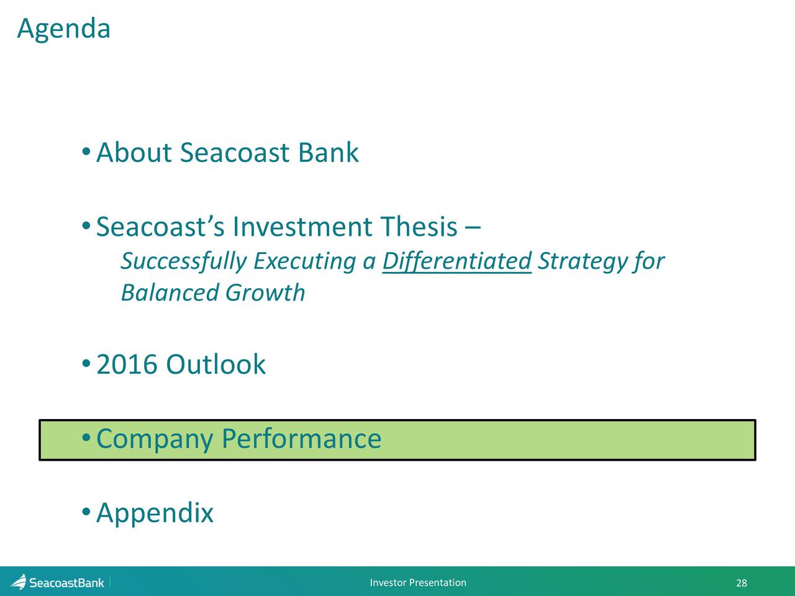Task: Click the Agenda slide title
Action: coord(64,30)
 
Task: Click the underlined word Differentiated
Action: coord(457,261)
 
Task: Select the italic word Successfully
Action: coord(184,261)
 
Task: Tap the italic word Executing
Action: coord(305,261)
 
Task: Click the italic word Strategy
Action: coord(583,261)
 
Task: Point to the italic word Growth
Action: coord(265,292)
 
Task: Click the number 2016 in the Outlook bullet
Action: coord(127,364)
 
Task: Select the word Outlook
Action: coord(216,364)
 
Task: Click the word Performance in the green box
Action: coord(301,438)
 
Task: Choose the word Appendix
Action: coord(155,514)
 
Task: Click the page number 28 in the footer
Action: coord(742,583)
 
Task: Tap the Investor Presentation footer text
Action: coord(418,582)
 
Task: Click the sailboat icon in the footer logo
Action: coord(19,582)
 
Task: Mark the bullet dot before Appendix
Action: coord(86,512)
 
